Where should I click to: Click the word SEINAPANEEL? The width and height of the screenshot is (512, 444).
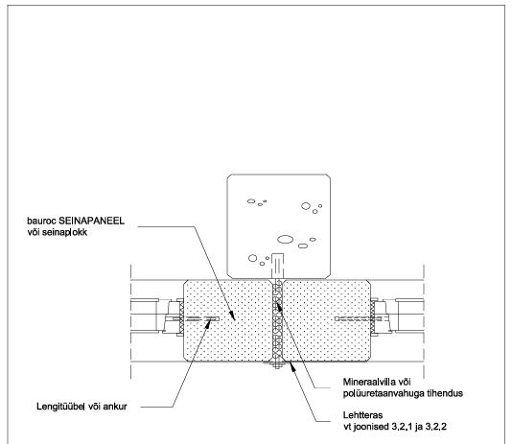[x=91, y=221]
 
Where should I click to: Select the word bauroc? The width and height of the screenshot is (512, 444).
[x=41, y=222]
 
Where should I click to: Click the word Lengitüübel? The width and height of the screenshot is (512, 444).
[x=61, y=407]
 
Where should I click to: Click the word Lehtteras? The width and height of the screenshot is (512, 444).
[x=362, y=415]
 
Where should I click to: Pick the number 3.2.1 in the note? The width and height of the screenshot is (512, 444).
[x=402, y=427]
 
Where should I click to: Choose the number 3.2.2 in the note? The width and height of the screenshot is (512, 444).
[x=436, y=427]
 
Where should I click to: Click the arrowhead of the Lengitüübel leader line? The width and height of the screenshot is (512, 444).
[x=208, y=322]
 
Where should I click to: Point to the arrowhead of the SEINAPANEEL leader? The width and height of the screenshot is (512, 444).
[x=232, y=315]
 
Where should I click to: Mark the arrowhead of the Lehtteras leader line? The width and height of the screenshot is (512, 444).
[x=292, y=367]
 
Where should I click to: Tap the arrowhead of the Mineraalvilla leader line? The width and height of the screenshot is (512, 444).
[x=278, y=307]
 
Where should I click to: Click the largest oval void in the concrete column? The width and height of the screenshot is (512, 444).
[x=285, y=240]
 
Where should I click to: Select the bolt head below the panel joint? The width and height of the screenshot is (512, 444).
[x=277, y=365]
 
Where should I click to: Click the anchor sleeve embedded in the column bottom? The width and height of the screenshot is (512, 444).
[x=277, y=266]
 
